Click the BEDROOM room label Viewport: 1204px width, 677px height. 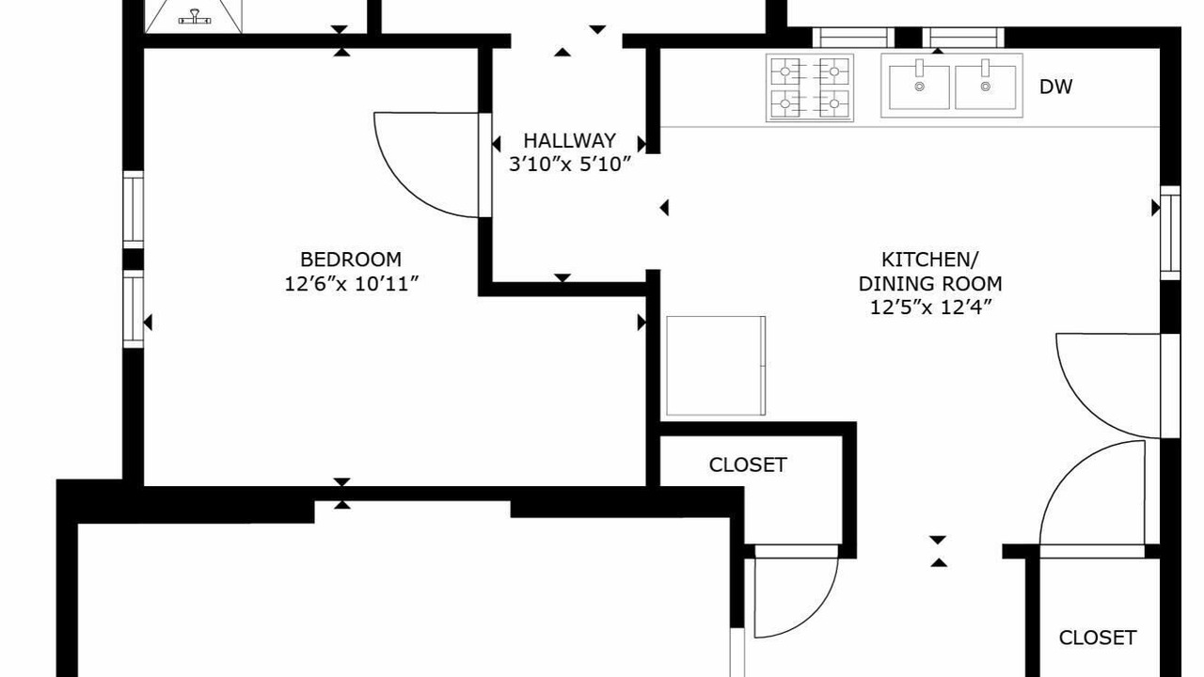[351, 260]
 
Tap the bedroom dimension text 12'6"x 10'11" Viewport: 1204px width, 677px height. [351, 284]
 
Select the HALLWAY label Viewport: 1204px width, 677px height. [569, 141]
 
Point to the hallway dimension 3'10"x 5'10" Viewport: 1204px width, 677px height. [569, 165]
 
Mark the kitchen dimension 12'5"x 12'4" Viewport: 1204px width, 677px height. [930, 307]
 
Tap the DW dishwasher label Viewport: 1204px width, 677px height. [1055, 87]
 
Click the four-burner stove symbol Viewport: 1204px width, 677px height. [810, 87]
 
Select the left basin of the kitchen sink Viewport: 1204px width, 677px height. [919, 87]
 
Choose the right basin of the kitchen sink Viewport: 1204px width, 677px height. [985, 87]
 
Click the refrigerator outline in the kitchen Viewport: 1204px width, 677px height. [716, 366]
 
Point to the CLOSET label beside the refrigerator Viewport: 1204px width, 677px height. [748, 464]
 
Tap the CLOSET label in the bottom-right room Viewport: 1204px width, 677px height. [1098, 638]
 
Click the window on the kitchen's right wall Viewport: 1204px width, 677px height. [1170, 232]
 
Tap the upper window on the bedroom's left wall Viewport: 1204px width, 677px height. [134, 210]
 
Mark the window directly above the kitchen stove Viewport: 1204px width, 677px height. [853, 38]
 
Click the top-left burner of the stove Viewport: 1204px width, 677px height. [785, 71]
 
